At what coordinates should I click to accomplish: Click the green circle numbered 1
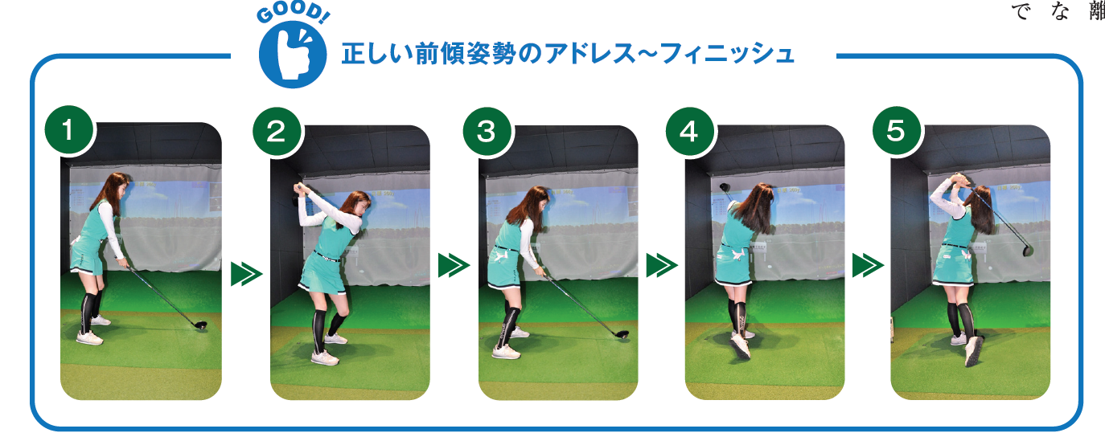(68, 130)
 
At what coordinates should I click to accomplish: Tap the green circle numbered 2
(277, 131)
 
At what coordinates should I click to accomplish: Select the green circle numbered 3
(487, 132)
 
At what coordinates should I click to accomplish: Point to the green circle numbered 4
(690, 132)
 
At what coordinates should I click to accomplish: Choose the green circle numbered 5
(897, 131)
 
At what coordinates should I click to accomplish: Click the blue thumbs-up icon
(293, 54)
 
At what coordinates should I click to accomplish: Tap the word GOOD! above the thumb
(293, 13)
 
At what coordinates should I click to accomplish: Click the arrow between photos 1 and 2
(246, 274)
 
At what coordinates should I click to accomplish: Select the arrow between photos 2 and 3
(454, 265)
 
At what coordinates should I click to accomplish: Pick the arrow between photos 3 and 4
(662, 265)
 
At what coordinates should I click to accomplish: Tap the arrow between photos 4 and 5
(869, 265)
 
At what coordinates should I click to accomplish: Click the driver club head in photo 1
(201, 325)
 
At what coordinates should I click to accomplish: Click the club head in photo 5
(1028, 249)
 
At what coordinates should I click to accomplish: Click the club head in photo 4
(725, 187)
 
